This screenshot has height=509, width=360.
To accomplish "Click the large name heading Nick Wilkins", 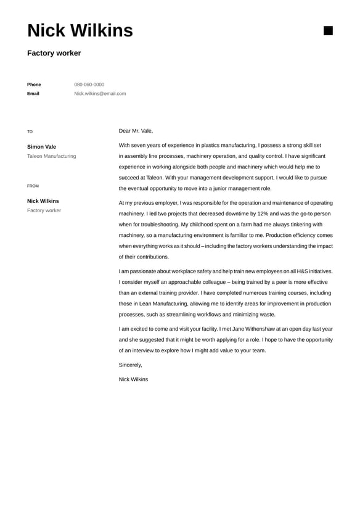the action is [x=80, y=30].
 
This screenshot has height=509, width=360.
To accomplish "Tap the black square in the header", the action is [x=328, y=31].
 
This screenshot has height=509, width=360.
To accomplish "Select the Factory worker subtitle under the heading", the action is [x=54, y=53].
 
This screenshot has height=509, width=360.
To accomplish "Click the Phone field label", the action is [x=34, y=85].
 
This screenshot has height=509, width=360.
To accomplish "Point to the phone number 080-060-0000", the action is [x=89, y=85].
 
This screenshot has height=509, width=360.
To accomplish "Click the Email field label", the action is [x=33, y=94].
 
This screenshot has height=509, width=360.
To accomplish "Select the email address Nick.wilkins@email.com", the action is [x=100, y=94].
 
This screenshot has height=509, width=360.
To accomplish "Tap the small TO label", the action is [x=30, y=131].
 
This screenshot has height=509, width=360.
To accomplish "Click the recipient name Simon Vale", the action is [x=41, y=147].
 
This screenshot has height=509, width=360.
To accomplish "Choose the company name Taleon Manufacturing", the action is [x=52, y=156].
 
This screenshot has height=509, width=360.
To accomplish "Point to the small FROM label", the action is [x=33, y=186].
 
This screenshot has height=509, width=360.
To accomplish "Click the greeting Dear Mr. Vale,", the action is [x=136, y=131].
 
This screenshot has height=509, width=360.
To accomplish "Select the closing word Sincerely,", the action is [x=130, y=365].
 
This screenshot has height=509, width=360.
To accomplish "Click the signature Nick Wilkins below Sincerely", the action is [x=133, y=379].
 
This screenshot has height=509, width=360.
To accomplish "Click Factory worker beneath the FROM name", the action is [x=44, y=210].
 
